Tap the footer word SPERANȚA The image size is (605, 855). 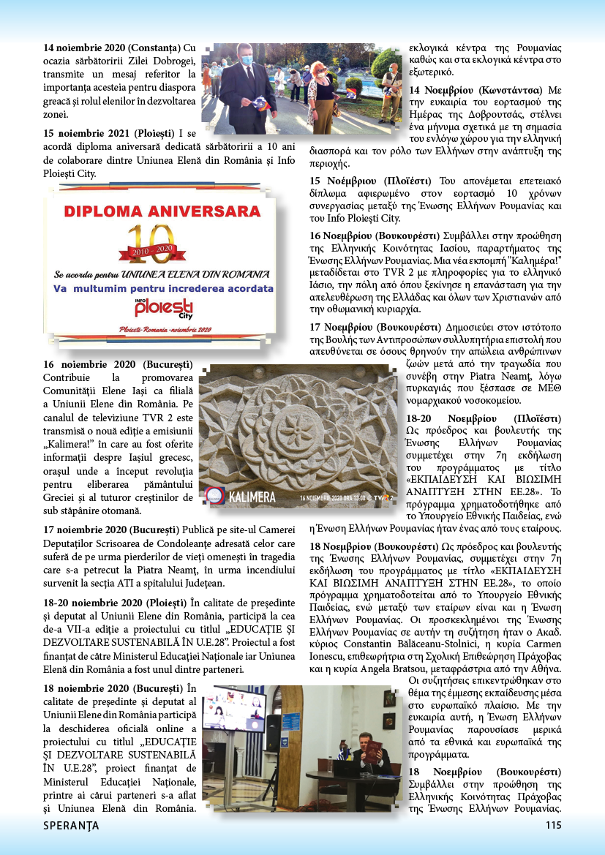pos(71,826)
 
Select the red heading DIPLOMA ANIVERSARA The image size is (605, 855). pos(157,212)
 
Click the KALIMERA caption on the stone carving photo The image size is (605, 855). pos(253,498)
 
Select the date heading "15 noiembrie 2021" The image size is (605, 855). pos(87,133)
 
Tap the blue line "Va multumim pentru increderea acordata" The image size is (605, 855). pos(163,288)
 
